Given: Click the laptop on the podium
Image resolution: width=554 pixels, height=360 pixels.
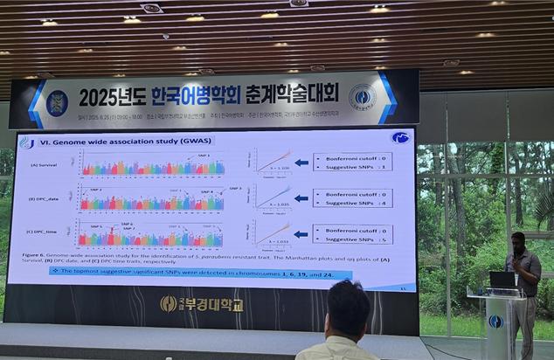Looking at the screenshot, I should (502, 280).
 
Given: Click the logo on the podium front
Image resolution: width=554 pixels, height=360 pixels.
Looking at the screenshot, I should (495, 322).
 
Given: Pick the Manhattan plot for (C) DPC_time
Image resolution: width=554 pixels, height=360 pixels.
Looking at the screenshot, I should (149, 235).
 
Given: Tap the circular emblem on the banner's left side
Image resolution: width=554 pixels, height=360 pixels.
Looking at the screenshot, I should (57, 102).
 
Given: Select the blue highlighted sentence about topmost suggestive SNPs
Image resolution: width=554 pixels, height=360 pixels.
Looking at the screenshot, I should (201, 274).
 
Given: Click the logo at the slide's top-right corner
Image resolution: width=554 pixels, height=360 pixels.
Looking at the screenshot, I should (401, 138).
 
